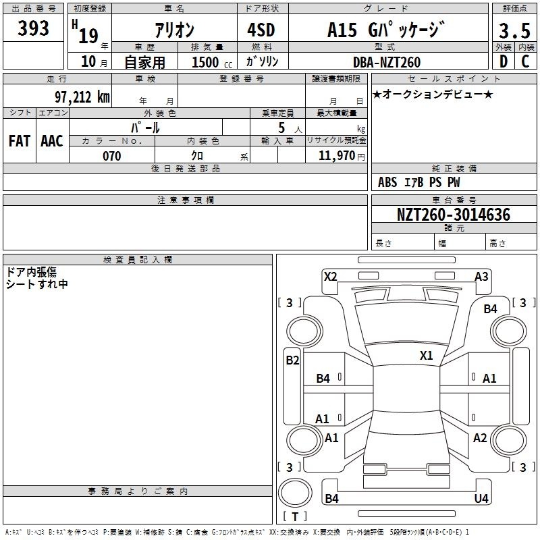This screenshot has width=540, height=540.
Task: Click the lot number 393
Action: (33, 28)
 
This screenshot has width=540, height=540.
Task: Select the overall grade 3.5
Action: (514, 30)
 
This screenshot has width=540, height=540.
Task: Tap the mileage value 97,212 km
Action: (82, 97)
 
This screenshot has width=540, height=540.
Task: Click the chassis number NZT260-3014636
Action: (454, 215)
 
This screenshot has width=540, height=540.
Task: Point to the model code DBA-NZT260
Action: (386, 62)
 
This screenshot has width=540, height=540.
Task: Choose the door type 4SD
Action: (261, 30)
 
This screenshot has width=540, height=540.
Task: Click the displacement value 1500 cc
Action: (212, 62)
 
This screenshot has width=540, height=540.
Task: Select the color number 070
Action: (111, 156)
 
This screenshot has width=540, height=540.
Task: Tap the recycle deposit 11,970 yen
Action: (342, 156)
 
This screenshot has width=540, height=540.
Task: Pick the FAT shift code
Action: (20, 141)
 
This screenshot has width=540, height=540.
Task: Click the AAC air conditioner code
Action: (52, 141)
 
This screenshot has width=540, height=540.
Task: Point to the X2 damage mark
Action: (331, 277)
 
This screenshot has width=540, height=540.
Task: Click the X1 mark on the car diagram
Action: (426, 356)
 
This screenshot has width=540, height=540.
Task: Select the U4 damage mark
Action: (481, 498)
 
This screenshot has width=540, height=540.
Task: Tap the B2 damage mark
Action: (292, 360)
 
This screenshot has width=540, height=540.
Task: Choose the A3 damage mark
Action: (481, 277)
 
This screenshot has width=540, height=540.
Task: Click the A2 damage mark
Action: (480, 438)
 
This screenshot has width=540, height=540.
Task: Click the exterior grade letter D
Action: (503, 61)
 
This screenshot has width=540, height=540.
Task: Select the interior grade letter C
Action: (525, 61)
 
